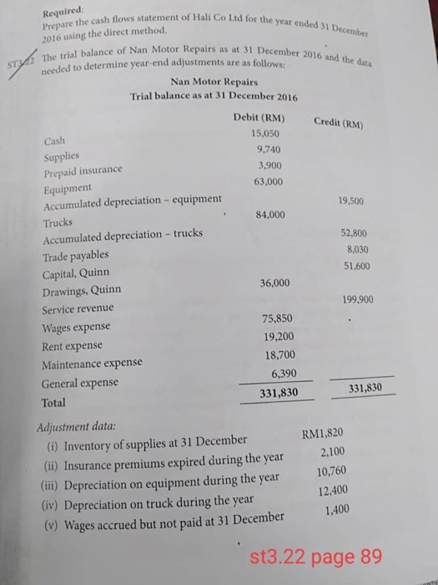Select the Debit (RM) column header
pos(262,118)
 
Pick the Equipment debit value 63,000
pos(268,181)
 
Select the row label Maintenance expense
pos(92,364)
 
